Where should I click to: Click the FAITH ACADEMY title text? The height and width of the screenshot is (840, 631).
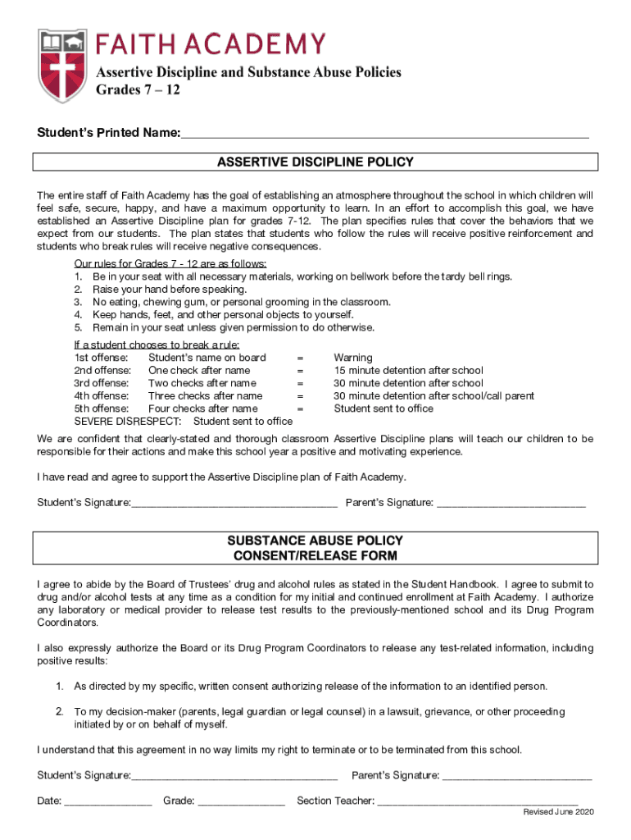211,43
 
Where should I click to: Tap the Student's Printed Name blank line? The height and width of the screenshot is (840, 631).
384,133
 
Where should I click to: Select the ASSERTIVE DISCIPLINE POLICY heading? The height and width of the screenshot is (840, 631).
315,162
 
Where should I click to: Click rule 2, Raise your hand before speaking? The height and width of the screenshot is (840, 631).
158,290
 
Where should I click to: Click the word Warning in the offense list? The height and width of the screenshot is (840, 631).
352,358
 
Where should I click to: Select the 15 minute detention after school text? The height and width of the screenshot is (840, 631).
408,371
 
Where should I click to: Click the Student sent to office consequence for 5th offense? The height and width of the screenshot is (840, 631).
384,409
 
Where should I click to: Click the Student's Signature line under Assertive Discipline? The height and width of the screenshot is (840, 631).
234,502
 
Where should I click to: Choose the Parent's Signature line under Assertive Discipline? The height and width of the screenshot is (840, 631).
511,502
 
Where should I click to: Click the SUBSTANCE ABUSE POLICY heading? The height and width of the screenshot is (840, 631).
315,541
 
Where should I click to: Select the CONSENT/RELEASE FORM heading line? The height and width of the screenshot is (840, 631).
315,556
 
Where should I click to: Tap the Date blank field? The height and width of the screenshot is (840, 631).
107,801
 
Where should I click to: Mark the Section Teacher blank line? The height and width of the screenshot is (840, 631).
478,801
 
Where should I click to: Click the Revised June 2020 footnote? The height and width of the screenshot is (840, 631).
559,812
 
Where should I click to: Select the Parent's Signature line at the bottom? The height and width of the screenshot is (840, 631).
516,775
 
